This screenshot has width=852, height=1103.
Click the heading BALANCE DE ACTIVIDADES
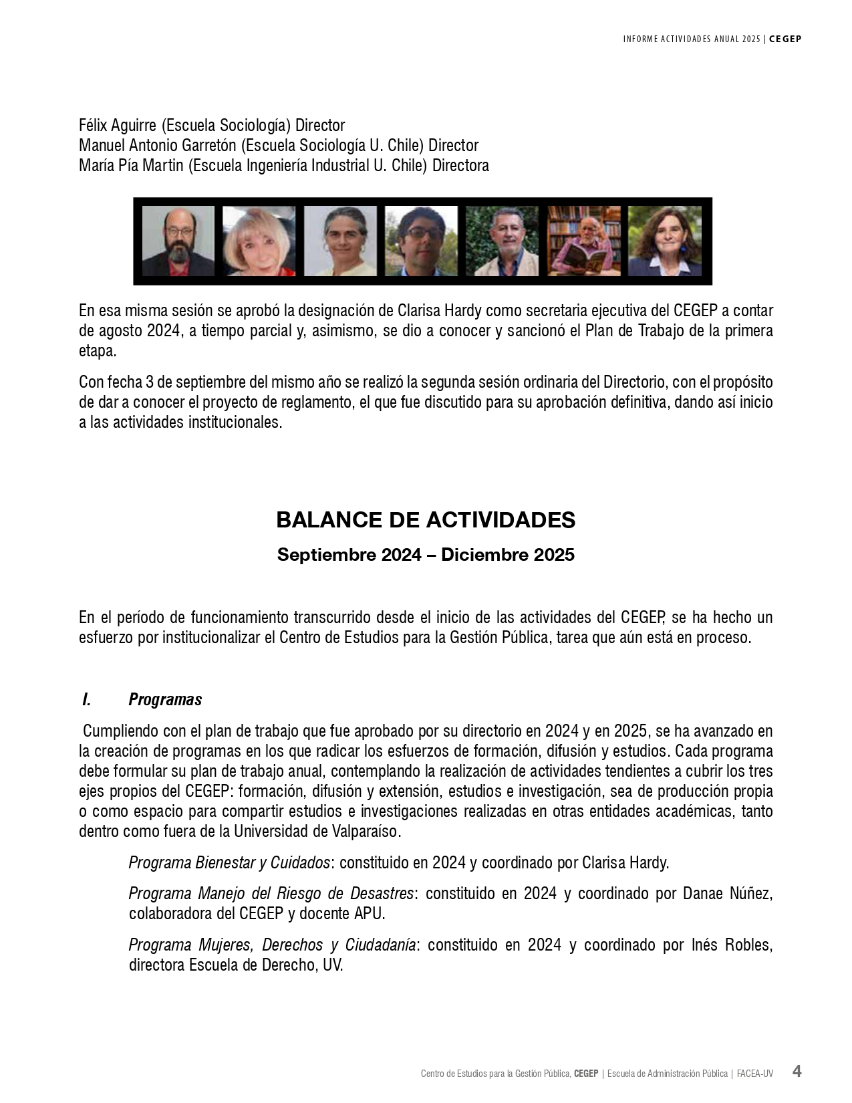point(426,520)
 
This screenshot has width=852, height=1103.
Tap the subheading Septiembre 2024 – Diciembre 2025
point(426,555)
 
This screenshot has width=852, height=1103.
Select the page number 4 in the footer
point(797,1071)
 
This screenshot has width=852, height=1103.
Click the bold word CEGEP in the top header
point(785,39)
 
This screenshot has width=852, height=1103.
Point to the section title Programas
point(165,700)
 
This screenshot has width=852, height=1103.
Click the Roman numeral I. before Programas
point(86,700)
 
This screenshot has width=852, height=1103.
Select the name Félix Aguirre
point(118,125)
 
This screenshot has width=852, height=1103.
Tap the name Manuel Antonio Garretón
point(158,145)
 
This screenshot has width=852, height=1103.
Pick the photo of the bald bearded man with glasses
point(178,241)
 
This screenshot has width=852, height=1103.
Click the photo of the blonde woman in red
point(259,241)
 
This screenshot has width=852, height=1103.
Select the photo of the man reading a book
point(583,241)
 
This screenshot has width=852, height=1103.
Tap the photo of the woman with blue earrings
point(664,241)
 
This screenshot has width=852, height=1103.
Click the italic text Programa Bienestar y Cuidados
point(229,862)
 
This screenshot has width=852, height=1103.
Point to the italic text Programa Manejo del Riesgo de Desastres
point(271,893)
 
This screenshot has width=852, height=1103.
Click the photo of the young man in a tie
point(421,241)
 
